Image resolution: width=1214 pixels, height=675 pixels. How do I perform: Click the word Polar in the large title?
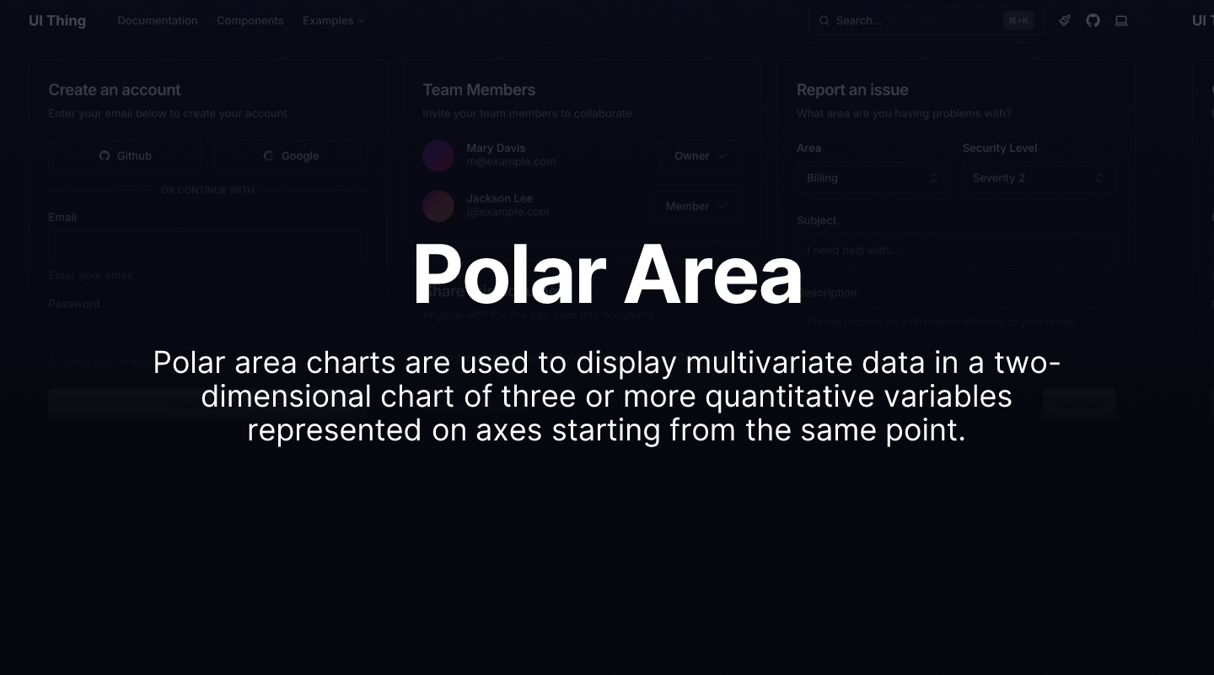coord(509,274)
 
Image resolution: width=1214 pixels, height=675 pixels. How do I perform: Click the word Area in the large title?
coord(712,274)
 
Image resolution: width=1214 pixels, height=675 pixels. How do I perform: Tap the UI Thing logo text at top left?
coord(57,20)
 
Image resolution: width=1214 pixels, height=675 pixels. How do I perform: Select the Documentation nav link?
coord(158,20)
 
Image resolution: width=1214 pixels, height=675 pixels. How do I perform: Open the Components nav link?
coord(250,20)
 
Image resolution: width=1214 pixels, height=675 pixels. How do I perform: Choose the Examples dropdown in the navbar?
coord(334,20)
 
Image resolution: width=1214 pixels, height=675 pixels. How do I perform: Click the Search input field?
coord(915,20)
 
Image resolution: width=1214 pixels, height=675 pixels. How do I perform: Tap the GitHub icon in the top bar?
coord(1093,20)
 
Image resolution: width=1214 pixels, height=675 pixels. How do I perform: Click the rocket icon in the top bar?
coord(1065,20)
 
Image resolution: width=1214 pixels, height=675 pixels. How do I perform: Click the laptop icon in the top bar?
coord(1121,20)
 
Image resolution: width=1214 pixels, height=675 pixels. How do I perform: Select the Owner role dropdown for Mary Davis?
coord(701,156)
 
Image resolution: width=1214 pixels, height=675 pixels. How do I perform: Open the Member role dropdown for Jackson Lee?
coord(696,206)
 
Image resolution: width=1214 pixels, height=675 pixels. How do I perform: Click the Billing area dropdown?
coord(872,178)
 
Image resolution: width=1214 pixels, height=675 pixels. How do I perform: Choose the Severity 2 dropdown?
coord(1038,178)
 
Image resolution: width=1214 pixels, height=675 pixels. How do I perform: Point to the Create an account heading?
coord(115,89)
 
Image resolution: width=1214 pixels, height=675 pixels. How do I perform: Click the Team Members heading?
coord(479,89)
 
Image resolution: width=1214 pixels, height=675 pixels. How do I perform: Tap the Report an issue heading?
coord(852,89)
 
